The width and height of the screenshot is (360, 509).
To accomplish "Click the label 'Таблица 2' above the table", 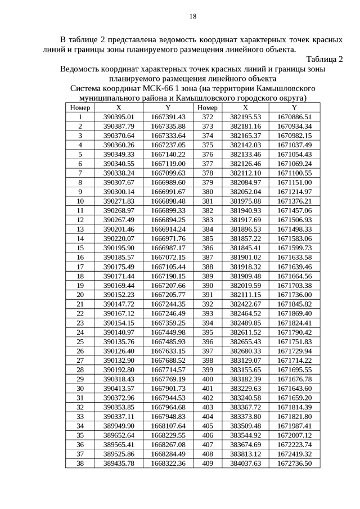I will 325,60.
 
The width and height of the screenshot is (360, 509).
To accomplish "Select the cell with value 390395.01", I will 119,117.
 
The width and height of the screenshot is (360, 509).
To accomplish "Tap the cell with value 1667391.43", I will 168,117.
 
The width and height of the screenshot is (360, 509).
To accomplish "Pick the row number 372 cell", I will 208,117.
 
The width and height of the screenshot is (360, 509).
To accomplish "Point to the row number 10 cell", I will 80,201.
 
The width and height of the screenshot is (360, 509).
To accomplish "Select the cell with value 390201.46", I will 119,229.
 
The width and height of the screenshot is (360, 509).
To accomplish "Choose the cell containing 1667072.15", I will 168,257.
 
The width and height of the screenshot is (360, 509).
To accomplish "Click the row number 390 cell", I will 208,285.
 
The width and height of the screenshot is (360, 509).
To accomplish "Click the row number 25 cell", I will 80,341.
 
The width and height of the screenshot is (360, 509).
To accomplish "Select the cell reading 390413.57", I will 119,388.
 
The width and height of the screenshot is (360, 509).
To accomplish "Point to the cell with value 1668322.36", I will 168,463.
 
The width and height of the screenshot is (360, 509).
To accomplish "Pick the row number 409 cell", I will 208,463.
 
